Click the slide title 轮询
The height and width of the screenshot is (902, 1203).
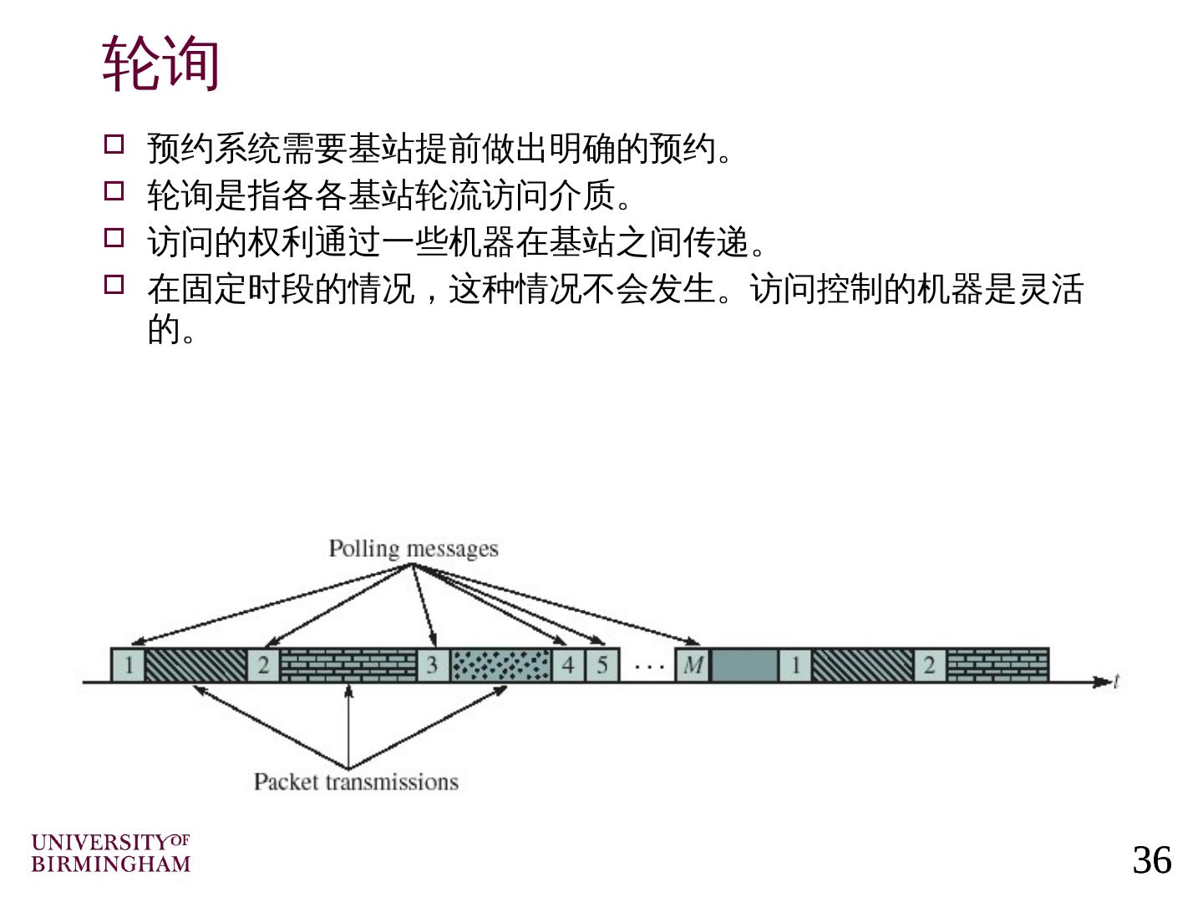click(x=161, y=63)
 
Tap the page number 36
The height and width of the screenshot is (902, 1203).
click(x=1152, y=859)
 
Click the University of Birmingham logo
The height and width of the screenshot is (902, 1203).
click(x=111, y=853)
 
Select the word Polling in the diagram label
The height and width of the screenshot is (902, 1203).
click(x=363, y=549)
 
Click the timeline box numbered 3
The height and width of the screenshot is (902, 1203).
click(x=433, y=666)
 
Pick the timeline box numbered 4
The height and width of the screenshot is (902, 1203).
click(x=568, y=666)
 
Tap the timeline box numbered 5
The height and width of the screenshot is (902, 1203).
click(x=601, y=666)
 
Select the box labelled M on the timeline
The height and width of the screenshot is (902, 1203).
click(x=693, y=666)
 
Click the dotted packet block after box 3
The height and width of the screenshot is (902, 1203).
click(x=500, y=666)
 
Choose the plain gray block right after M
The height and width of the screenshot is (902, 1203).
click(x=744, y=666)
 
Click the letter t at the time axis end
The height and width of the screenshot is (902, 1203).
click(x=1116, y=682)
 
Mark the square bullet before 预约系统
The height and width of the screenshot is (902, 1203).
click(x=114, y=144)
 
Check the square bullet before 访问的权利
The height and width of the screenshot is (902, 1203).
click(x=114, y=238)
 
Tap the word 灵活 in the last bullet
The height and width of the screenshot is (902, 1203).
click(x=1050, y=290)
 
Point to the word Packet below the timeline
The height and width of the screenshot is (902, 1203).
click(x=287, y=782)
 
